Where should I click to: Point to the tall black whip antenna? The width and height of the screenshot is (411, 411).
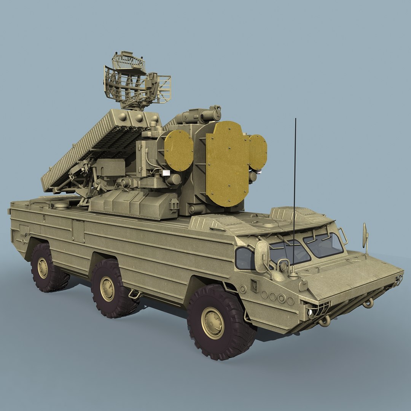(294, 190)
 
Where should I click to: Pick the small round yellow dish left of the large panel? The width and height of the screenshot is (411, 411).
(178, 150)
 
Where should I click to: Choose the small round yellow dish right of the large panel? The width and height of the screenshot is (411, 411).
(258, 152)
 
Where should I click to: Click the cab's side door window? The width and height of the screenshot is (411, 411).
(244, 258)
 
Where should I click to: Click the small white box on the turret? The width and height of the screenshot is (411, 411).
(166, 173)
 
